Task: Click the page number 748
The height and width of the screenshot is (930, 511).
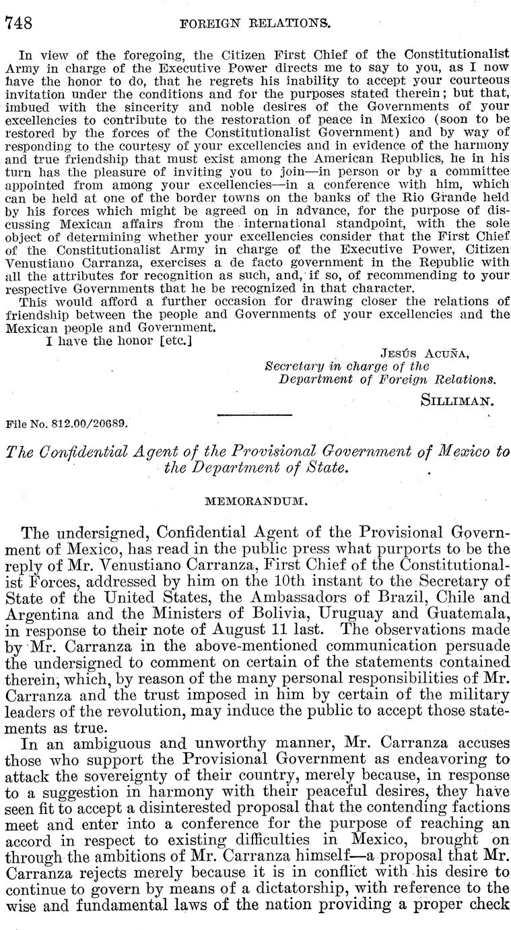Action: (x=20, y=24)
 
